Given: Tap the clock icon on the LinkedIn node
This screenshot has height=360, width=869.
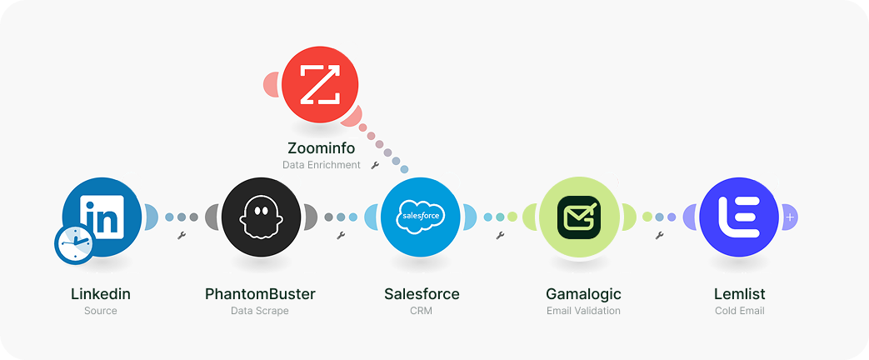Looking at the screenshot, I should (75, 244).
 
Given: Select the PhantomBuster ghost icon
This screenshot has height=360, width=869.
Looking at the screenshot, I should (260, 217).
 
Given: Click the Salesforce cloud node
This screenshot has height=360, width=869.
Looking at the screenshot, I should (420, 217).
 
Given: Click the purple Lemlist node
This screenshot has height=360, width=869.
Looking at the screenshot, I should (739, 217).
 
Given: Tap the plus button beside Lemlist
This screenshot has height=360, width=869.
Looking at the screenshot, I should (790, 217).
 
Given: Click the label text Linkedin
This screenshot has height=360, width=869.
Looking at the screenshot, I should (101, 294).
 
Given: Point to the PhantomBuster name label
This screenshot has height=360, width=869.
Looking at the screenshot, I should (260, 294).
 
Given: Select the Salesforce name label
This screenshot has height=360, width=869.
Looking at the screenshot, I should (422, 294).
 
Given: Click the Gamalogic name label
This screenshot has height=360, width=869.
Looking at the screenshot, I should (583, 294).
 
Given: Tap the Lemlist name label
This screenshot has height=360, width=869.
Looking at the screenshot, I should (740, 294).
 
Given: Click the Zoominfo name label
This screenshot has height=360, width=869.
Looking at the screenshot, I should (321, 148).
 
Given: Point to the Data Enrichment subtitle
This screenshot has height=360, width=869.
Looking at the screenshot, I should (322, 165).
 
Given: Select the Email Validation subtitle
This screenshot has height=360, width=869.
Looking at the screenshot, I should (583, 311).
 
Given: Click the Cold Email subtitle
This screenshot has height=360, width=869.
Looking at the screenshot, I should (740, 311).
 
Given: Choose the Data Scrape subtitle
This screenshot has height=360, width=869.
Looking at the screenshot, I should (260, 311).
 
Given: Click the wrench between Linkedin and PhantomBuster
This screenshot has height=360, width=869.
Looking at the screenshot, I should (182, 236).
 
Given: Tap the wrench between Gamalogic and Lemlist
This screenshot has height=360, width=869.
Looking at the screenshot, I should (659, 236).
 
